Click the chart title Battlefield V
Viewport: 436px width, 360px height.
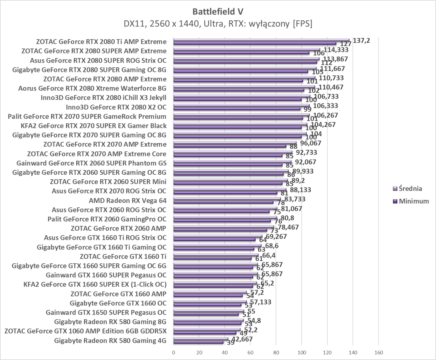(x=218, y=12)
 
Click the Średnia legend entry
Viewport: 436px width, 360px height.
(x=410, y=188)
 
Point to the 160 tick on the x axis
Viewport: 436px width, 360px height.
(x=378, y=353)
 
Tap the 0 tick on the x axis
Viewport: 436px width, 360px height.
(x=173, y=353)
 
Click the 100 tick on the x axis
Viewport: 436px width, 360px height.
(x=301, y=353)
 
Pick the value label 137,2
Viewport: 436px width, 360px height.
(x=361, y=40)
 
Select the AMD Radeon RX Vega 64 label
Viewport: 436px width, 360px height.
(x=128, y=200)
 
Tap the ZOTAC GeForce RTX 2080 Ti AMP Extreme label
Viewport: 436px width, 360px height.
(x=101, y=41)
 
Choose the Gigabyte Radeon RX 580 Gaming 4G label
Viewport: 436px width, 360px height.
(x=110, y=340)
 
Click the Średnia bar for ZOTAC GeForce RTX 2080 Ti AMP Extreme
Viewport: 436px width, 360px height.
(x=262, y=40)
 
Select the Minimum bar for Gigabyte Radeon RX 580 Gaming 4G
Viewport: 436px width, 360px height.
(x=198, y=342)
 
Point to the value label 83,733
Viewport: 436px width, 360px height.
(x=293, y=199)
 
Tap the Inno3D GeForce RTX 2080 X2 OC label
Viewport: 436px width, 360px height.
(x=116, y=107)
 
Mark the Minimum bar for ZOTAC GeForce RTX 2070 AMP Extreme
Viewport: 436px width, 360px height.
(x=230, y=146)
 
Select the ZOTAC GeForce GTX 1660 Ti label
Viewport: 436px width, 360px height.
(x=123, y=256)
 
